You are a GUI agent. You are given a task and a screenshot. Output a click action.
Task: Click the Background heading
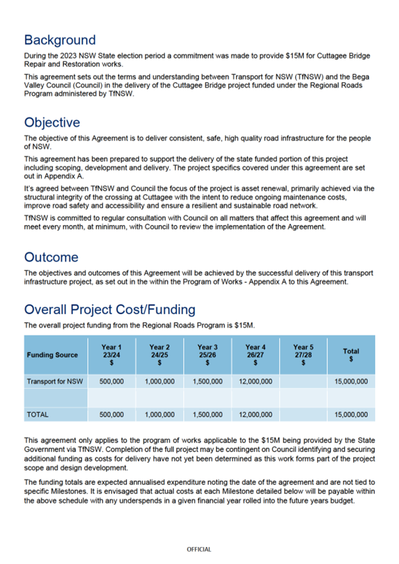tap(59, 40)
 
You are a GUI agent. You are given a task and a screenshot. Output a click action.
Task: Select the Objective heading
tap(52, 123)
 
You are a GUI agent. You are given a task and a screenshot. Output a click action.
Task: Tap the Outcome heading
tap(51, 257)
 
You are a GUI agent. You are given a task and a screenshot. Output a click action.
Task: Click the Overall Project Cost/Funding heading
tap(109, 310)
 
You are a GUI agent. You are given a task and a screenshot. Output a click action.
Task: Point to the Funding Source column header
tap(52, 355)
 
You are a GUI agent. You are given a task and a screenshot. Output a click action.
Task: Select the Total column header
tap(351, 355)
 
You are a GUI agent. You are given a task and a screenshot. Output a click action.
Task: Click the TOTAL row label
tap(37, 415)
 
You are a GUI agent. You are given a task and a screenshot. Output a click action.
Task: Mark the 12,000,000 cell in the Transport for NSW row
tap(255, 382)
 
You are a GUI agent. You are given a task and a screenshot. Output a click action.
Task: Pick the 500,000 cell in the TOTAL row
tap(111, 415)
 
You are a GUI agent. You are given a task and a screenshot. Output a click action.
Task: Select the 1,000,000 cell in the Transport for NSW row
tap(160, 382)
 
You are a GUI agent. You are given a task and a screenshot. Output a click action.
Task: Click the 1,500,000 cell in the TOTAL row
tap(207, 415)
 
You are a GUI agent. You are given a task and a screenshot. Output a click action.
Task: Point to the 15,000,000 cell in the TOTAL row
tap(351, 415)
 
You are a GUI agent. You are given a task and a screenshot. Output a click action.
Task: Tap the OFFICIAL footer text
tap(199, 549)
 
